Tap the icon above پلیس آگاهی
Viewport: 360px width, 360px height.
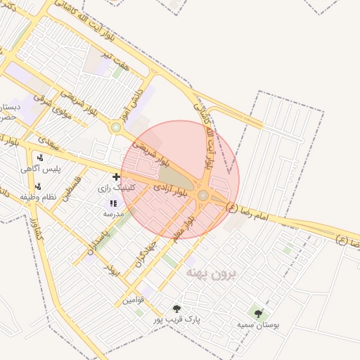tap(40, 157)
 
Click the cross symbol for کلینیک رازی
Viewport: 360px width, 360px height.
tap(116, 176)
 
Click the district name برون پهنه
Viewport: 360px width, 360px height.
tap(214, 273)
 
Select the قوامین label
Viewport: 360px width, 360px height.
tap(134, 300)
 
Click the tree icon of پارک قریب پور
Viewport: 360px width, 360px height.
tap(176, 309)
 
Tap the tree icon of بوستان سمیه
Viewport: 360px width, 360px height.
tap(259, 313)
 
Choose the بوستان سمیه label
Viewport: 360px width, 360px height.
tap(259, 324)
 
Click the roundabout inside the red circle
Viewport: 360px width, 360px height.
tap(203, 195)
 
